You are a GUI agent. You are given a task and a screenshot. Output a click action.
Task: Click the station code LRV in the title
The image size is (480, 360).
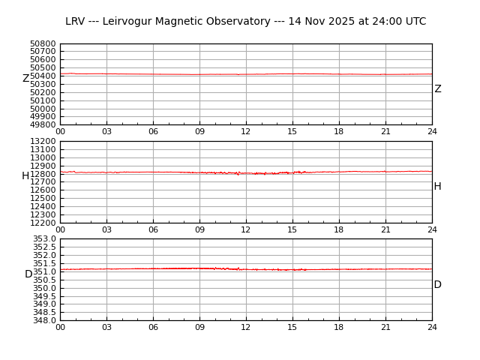[x=76, y=22]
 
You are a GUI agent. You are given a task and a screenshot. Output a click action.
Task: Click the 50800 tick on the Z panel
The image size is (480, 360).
[x=43, y=43]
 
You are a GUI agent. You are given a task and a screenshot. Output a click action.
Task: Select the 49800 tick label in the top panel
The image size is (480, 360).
[x=43, y=124]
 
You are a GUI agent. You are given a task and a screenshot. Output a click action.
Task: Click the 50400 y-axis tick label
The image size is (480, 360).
[x=43, y=76]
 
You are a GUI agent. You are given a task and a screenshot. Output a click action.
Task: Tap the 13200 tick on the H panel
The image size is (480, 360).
[x=43, y=141]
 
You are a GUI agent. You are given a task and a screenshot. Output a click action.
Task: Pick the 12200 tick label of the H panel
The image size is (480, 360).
[x=43, y=223]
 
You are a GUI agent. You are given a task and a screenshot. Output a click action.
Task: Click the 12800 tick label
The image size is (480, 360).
[x=43, y=174]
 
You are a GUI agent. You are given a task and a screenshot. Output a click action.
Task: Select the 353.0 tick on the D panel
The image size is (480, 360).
[x=44, y=238]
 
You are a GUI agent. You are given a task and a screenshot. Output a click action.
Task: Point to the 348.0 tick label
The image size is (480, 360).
[x=44, y=320]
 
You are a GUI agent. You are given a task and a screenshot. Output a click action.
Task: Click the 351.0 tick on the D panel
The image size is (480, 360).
[x=44, y=271]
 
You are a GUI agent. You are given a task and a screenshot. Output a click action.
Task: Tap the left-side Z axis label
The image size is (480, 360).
[x=25, y=79]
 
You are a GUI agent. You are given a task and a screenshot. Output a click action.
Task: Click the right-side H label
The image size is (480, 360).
[x=437, y=187]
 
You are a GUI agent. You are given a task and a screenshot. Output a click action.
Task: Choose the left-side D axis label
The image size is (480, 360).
[x=28, y=274]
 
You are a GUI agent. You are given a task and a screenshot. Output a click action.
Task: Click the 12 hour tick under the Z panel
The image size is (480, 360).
[x=246, y=131]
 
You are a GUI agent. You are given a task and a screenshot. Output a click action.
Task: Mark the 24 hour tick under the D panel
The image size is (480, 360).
[x=432, y=327]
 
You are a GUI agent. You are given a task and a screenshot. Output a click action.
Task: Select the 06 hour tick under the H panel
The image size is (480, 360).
[x=153, y=229]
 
